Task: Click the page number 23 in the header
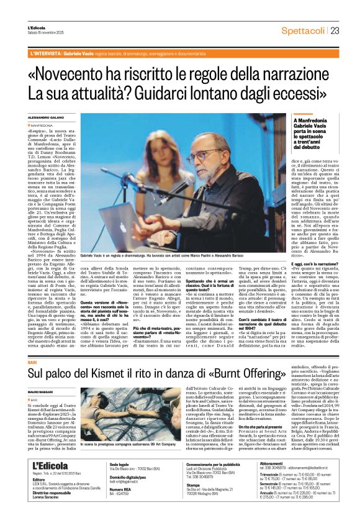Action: [335, 31]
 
